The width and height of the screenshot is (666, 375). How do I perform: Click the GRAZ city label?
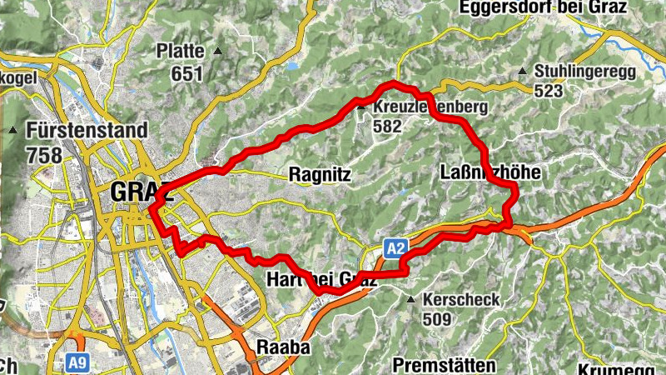140,191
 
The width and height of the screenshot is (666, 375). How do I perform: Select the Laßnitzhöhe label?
490,172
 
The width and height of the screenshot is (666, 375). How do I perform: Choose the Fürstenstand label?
87,131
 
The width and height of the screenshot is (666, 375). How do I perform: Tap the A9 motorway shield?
77,363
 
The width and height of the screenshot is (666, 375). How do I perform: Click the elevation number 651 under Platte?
187,74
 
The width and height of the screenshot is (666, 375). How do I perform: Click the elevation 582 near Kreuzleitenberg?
388,127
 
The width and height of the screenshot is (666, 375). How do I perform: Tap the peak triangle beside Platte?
218,52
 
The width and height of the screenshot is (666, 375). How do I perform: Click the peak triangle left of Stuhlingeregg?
521,71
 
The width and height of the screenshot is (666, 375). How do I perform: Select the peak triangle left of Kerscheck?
410,298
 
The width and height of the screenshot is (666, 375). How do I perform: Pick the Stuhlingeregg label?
586,72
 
